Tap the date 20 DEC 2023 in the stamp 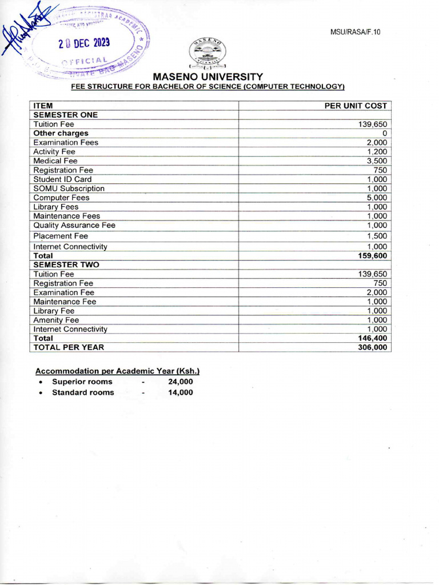(x=85, y=44)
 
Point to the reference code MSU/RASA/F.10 (x=355, y=32)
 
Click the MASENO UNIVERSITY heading (x=207, y=77)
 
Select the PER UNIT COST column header (x=356, y=106)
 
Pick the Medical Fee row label (x=55, y=161)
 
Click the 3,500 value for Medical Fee (x=377, y=161)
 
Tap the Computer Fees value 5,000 (x=377, y=198)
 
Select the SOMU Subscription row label (x=69, y=189)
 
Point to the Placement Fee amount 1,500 (x=377, y=236)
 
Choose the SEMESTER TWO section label (x=66, y=265)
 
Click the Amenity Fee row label (x=56, y=320)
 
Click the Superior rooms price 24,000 (x=180, y=382)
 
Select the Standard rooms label (x=83, y=392)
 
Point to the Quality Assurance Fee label (x=74, y=226)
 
